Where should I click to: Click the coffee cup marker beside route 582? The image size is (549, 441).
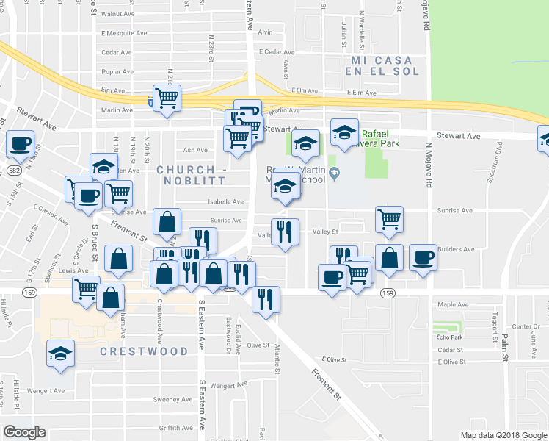20,143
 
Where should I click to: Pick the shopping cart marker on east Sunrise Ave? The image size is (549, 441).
388,218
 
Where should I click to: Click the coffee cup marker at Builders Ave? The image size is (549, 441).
423,258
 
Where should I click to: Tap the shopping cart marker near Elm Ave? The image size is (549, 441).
167,97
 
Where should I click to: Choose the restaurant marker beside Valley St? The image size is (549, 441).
285,232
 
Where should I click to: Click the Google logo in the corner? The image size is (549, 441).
24,432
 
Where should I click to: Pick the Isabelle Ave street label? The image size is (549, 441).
227,201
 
